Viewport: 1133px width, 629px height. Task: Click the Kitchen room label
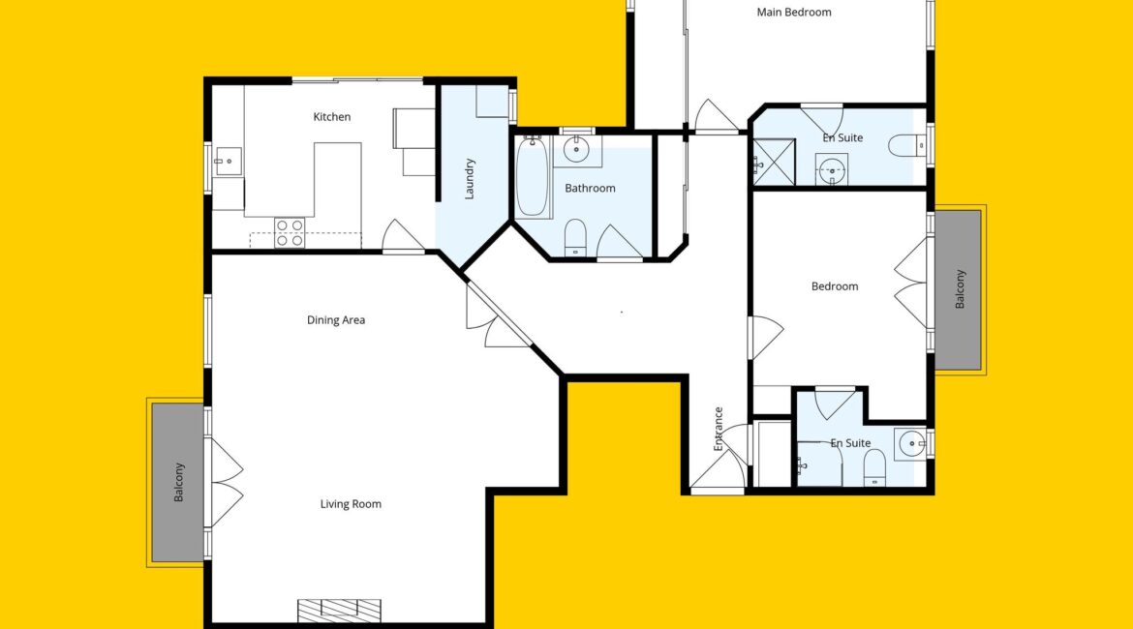pyautogui.click(x=331, y=116)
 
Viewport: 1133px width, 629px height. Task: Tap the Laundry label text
pyautogui.click(x=469, y=179)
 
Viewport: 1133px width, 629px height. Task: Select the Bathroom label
pyautogui.click(x=590, y=188)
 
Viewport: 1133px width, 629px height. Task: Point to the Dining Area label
pyautogui.click(x=336, y=320)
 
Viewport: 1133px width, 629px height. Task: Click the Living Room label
pyautogui.click(x=351, y=504)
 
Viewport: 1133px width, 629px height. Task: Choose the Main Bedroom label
pyautogui.click(x=793, y=12)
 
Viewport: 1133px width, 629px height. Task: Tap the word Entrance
pyautogui.click(x=719, y=429)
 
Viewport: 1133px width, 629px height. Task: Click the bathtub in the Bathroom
pyautogui.click(x=534, y=177)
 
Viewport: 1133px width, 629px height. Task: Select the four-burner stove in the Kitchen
pyautogui.click(x=290, y=232)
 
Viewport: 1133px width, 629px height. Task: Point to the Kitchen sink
pyautogui.click(x=228, y=161)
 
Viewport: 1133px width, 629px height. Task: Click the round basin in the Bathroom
pyautogui.click(x=576, y=150)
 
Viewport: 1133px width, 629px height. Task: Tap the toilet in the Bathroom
pyautogui.click(x=575, y=237)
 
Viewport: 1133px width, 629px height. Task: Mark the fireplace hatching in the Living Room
pyautogui.click(x=339, y=611)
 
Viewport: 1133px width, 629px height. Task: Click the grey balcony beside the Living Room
pyautogui.click(x=178, y=483)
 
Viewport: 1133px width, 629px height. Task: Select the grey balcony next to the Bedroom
pyautogui.click(x=958, y=289)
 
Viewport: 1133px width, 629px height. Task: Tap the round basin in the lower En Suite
pyautogui.click(x=911, y=443)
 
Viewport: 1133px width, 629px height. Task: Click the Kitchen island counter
pyautogui.click(x=337, y=179)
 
